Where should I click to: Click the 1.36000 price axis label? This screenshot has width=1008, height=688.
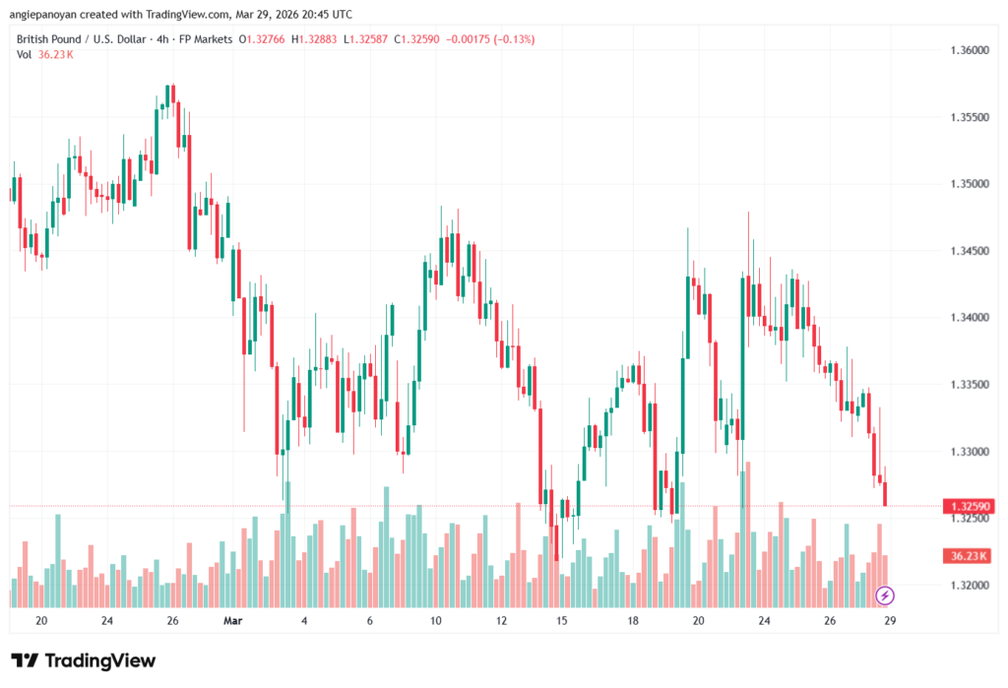click(x=969, y=50)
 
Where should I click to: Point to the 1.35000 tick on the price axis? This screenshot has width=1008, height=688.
click(x=969, y=184)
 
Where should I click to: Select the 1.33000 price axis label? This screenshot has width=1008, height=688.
click(x=969, y=452)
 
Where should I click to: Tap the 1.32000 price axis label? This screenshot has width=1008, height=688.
click(x=969, y=586)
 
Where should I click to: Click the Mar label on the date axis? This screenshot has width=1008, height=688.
click(x=232, y=621)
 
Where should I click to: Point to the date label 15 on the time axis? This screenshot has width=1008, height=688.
click(x=562, y=621)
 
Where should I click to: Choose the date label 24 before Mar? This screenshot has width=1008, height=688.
click(x=106, y=621)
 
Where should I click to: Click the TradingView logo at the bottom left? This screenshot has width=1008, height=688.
click(x=83, y=660)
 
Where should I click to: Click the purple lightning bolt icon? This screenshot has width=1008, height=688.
click(x=885, y=595)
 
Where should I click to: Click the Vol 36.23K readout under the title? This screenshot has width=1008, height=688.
click(x=45, y=54)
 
